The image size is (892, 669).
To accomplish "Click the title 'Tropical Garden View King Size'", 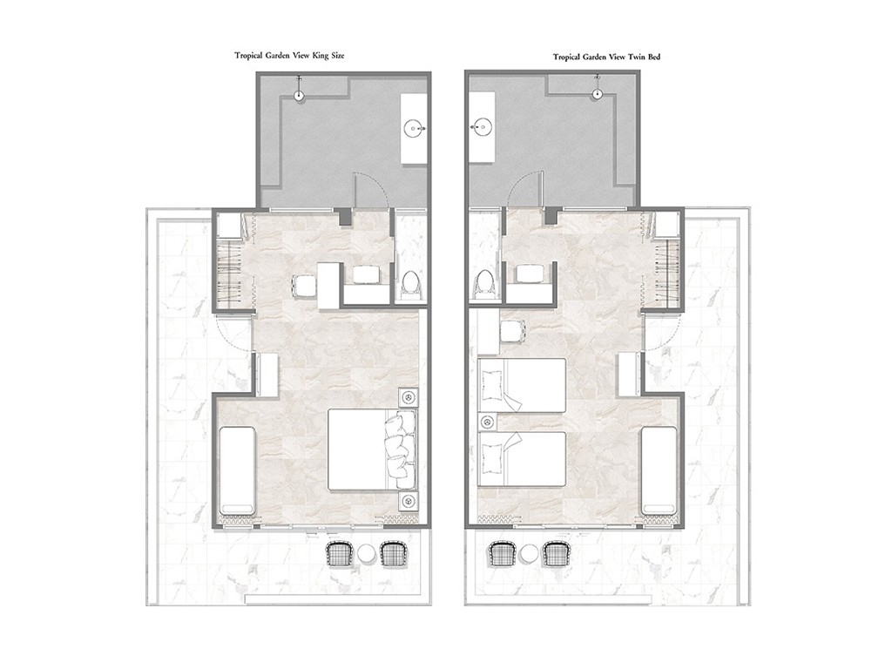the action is [x=289, y=56].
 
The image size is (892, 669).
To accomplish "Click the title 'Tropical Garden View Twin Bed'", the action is [x=606, y=57].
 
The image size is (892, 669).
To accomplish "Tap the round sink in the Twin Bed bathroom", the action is [x=483, y=127].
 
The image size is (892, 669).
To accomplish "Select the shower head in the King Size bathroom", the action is [x=298, y=95].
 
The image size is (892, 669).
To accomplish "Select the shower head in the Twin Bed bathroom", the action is [x=597, y=93].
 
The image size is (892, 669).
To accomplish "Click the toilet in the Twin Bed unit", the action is [x=484, y=283].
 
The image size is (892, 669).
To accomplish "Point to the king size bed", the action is [x=372, y=450].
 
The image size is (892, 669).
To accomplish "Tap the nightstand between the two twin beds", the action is [x=488, y=422].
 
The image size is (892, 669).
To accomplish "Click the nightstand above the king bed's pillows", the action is [x=408, y=396].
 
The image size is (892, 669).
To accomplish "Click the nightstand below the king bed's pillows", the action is [x=408, y=501].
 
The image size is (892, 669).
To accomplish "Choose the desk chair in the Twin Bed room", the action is [x=512, y=332].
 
